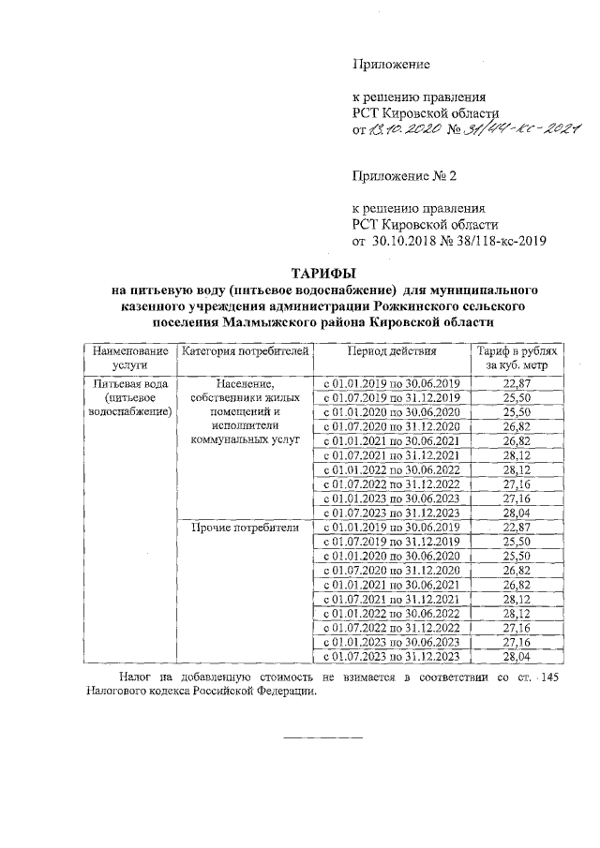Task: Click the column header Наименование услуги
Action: [129, 359]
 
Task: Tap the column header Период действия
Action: [392, 351]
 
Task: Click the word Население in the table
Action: [244, 384]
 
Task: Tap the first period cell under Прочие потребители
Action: [392, 528]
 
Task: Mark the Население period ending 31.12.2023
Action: [392, 513]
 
